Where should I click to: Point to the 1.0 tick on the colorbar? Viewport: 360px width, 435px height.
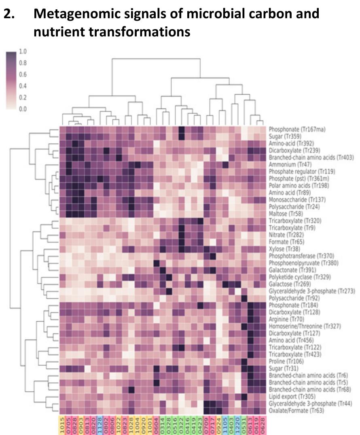23,51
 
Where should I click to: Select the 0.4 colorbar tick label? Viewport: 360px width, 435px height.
23,86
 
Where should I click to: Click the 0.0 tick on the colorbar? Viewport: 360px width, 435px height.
23,109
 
